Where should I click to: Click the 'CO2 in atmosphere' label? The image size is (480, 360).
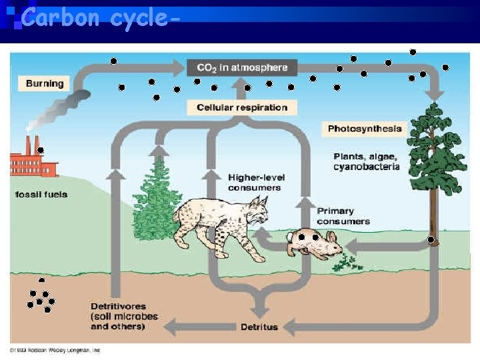coord(241,67)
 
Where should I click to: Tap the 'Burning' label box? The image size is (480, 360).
coord(45,83)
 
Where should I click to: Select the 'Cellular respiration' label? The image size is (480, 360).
coord(242,107)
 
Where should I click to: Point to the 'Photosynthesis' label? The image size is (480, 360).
coord(365,128)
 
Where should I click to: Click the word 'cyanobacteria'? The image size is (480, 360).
coord(366,167)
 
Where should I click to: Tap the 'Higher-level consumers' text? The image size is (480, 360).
coord(254,182)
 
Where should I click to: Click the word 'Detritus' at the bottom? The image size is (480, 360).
coord(259,327)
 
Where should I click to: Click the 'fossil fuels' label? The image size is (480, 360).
coord(41,195)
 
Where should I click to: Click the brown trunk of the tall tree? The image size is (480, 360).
coord(434,213)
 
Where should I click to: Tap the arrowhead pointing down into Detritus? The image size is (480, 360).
coord(259,311)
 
